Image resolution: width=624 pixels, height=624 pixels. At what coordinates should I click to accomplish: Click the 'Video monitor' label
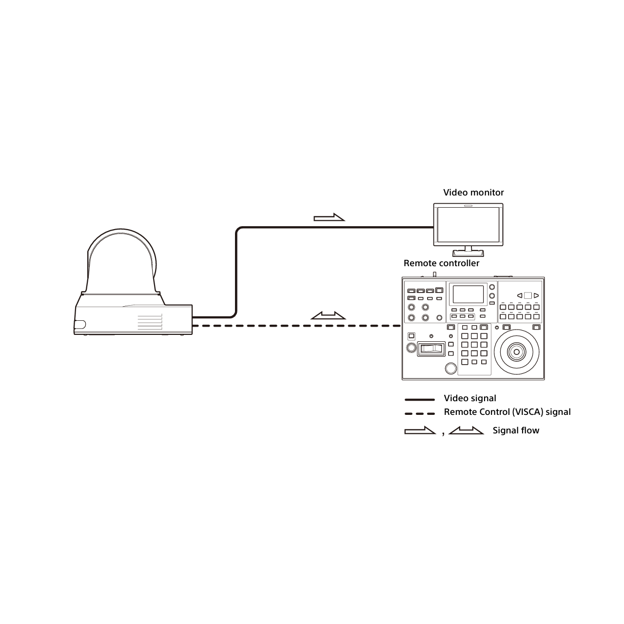pyautogui.click(x=473, y=193)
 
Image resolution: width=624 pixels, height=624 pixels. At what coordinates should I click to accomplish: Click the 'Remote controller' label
pyautogui.click(x=441, y=263)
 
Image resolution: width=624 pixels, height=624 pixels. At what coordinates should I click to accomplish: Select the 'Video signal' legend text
pyautogui.click(x=470, y=398)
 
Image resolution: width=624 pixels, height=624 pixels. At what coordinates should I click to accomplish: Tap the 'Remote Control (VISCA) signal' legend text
pyautogui.click(x=507, y=412)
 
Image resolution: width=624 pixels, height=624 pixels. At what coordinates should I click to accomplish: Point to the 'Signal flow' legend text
pyautogui.click(x=516, y=430)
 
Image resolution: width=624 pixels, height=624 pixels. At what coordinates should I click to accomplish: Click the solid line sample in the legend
pyautogui.click(x=420, y=400)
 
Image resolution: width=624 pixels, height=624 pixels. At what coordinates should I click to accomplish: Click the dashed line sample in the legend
pyautogui.click(x=420, y=413)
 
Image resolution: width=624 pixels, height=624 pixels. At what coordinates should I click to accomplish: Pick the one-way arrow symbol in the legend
pyautogui.click(x=420, y=430)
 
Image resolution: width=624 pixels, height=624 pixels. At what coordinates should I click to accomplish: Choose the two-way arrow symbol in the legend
pyautogui.click(x=466, y=430)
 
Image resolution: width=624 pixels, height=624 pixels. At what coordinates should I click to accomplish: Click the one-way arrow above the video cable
pyautogui.click(x=329, y=217)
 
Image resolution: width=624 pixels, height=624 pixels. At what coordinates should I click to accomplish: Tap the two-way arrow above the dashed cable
pyautogui.click(x=329, y=316)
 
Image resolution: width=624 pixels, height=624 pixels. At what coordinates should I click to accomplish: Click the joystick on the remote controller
pyautogui.click(x=516, y=351)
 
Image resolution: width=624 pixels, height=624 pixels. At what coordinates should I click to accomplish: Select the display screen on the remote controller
pyautogui.click(x=468, y=294)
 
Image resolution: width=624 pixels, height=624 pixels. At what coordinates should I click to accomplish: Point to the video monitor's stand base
pyautogui.click(x=468, y=253)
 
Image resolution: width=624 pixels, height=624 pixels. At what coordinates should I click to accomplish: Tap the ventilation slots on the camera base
pyautogui.click(x=150, y=322)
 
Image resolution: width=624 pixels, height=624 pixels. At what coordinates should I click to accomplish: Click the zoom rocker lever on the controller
pyautogui.click(x=431, y=349)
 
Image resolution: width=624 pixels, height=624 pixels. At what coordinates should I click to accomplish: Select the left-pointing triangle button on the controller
pyautogui.click(x=519, y=295)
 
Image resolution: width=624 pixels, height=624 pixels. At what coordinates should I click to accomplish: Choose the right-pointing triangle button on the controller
pyautogui.click(x=536, y=295)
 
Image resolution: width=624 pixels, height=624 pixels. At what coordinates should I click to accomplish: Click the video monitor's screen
pyautogui.click(x=468, y=225)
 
